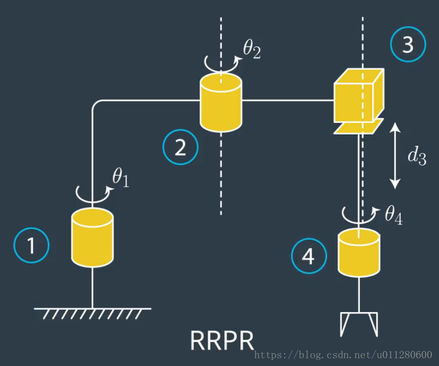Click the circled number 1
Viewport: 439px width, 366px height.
(32, 245)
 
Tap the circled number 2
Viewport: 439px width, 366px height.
(180, 147)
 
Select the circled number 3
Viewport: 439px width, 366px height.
(408, 44)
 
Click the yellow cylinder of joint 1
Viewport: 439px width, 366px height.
(92, 238)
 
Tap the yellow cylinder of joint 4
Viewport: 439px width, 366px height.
(359, 254)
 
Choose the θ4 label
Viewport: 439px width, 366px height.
(393, 215)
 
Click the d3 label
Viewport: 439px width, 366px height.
(417, 156)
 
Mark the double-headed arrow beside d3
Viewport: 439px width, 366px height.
(394, 155)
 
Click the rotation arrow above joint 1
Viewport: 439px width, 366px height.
(92, 192)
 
